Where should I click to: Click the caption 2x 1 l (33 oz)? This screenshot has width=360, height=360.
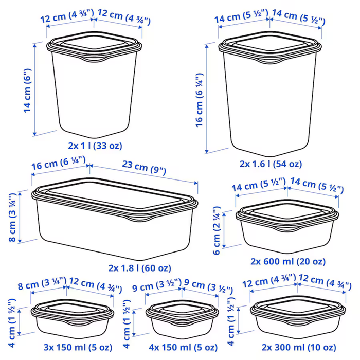coord(95,146)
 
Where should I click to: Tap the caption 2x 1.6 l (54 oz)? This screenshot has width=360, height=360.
coord(271,164)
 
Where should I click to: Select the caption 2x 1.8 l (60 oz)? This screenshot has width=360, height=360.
coord(139,268)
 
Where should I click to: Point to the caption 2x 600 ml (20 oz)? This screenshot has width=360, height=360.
coord(288,261)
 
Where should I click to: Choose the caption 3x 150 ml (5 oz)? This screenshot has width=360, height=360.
coord(78,347)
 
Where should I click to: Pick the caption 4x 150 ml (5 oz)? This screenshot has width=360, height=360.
coord(183,347)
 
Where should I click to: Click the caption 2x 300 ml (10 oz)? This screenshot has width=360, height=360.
coord(299,347)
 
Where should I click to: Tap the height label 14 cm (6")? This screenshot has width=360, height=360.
coord(27,90)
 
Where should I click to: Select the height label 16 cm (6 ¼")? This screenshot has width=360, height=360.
coord(200,100)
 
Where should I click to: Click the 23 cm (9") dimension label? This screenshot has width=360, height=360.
coord(143,168)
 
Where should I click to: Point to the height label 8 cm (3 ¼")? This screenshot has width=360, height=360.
coord(13,218)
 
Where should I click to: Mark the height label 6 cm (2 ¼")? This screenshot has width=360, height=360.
coord(217,230)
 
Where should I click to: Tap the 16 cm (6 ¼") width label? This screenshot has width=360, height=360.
coord(59,163)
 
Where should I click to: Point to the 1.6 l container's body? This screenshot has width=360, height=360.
coord(270,103)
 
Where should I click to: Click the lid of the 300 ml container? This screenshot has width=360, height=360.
coord(298,309)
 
